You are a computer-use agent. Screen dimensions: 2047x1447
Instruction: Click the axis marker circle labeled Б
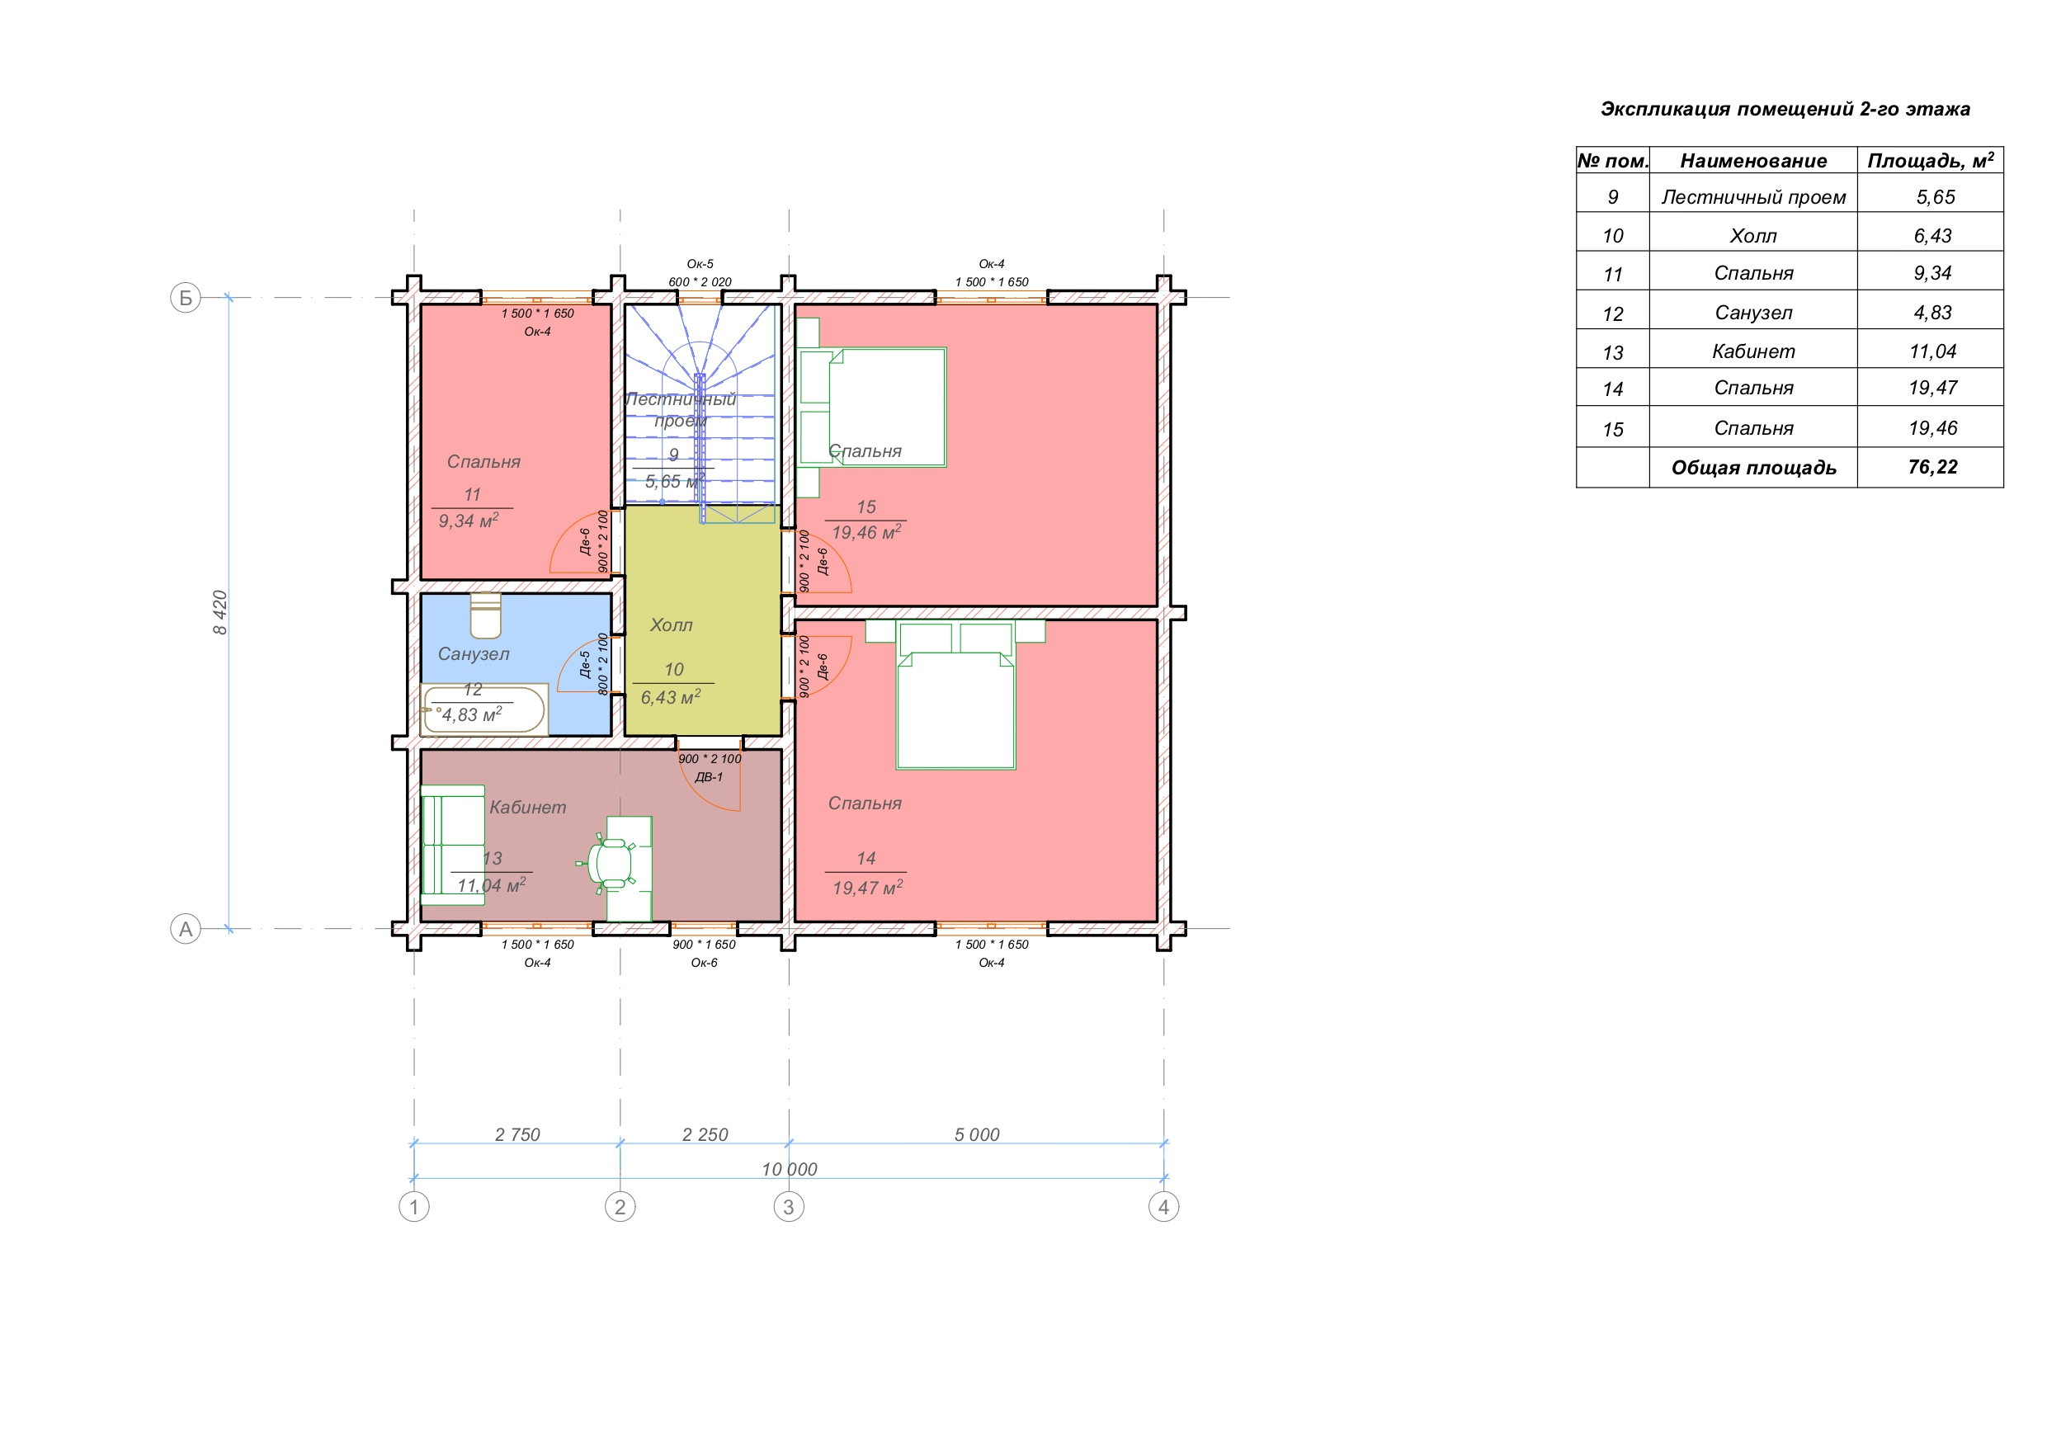pyautogui.click(x=186, y=298)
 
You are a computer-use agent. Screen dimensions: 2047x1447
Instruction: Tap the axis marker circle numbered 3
pyautogui.click(x=788, y=1207)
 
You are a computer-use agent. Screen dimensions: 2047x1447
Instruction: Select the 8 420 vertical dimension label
pyautogui.click(x=220, y=612)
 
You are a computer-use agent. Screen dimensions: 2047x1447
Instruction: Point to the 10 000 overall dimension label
pyautogui.click(x=789, y=1169)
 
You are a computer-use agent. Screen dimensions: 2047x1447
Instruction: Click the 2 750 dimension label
pyautogui.click(x=517, y=1134)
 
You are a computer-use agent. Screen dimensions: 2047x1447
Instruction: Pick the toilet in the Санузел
pyautogui.click(x=485, y=615)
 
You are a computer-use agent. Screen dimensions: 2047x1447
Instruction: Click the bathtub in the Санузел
pyautogui.click(x=484, y=709)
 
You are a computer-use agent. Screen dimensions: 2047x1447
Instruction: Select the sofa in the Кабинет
pyautogui.click(x=453, y=846)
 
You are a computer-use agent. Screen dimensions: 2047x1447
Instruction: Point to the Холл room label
pyautogui.click(x=672, y=625)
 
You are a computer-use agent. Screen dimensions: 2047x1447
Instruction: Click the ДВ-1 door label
pyautogui.click(x=709, y=776)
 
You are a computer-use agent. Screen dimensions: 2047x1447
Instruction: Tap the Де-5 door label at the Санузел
pyautogui.click(x=585, y=664)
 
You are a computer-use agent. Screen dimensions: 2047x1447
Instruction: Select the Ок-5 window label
pyautogui.click(x=700, y=264)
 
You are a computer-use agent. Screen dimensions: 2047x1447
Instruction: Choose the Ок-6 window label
pyautogui.click(x=704, y=962)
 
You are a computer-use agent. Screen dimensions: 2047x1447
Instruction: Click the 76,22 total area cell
pyautogui.click(x=1932, y=467)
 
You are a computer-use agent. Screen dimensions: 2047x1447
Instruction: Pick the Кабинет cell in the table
pyautogui.click(x=1752, y=351)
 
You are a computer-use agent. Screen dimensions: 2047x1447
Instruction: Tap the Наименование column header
pyautogui.click(x=1752, y=162)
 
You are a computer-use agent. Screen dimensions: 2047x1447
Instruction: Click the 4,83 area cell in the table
pyautogui.click(x=1932, y=313)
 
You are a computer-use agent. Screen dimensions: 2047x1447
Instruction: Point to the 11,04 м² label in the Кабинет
pyautogui.click(x=491, y=885)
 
